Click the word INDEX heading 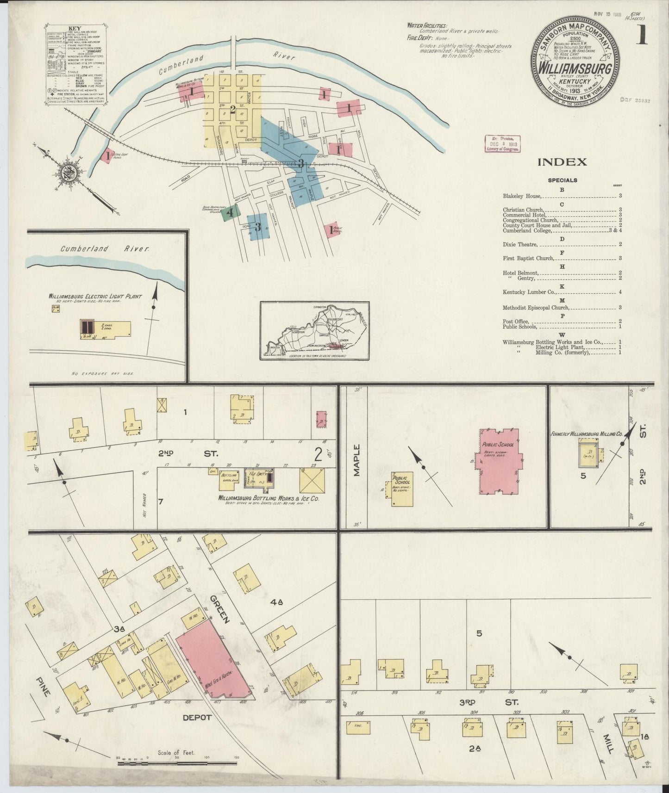(562, 162)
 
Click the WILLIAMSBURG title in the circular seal (575, 69)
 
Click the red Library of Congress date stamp (502, 144)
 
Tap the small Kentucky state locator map (314, 330)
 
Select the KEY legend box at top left (76, 64)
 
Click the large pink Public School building (499, 460)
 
